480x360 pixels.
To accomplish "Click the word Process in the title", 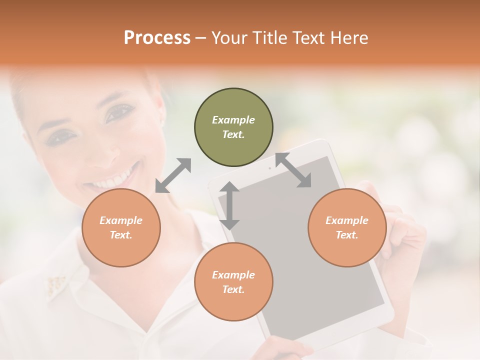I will pyautogui.click(x=157, y=38).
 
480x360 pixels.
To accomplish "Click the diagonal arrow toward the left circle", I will pyautogui.click(x=173, y=175).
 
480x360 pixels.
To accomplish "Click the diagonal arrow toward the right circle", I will pyautogui.click(x=293, y=170).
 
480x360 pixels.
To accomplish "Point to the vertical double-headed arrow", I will pyautogui.click(x=229, y=205).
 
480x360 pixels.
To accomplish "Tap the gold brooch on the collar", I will pyautogui.click(x=56, y=284).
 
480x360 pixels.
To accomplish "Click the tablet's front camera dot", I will pyautogui.click(x=270, y=168).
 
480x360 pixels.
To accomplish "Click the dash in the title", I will pyautogui.click(x=200, y=38).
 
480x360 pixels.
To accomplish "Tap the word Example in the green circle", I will pyautogui.click(x=233, y=120).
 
